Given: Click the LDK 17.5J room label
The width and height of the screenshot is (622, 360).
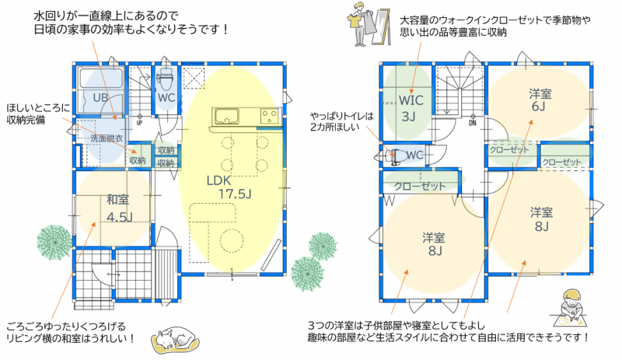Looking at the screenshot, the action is (229, 187).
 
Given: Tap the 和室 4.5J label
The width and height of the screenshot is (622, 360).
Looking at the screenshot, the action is (119, 208).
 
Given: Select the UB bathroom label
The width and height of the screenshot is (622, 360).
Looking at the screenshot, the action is (100, 97).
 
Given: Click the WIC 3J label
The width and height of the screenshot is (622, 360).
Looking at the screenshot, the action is (411, 108).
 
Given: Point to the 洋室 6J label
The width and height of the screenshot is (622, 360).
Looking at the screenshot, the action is (540, 100).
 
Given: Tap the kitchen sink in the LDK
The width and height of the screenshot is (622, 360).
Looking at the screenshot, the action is (226, 117).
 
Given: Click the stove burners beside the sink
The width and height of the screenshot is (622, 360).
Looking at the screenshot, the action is (269, 117).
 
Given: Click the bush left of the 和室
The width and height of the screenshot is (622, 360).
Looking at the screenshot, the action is (54, 242).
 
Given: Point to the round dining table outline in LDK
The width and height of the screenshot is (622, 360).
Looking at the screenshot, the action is (231, 240).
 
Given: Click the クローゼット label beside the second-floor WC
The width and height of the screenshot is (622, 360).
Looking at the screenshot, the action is (420, 186).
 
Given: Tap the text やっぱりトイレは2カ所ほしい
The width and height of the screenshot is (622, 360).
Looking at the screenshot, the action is (342, 121).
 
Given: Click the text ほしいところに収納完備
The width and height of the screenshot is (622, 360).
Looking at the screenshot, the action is (38, 114).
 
